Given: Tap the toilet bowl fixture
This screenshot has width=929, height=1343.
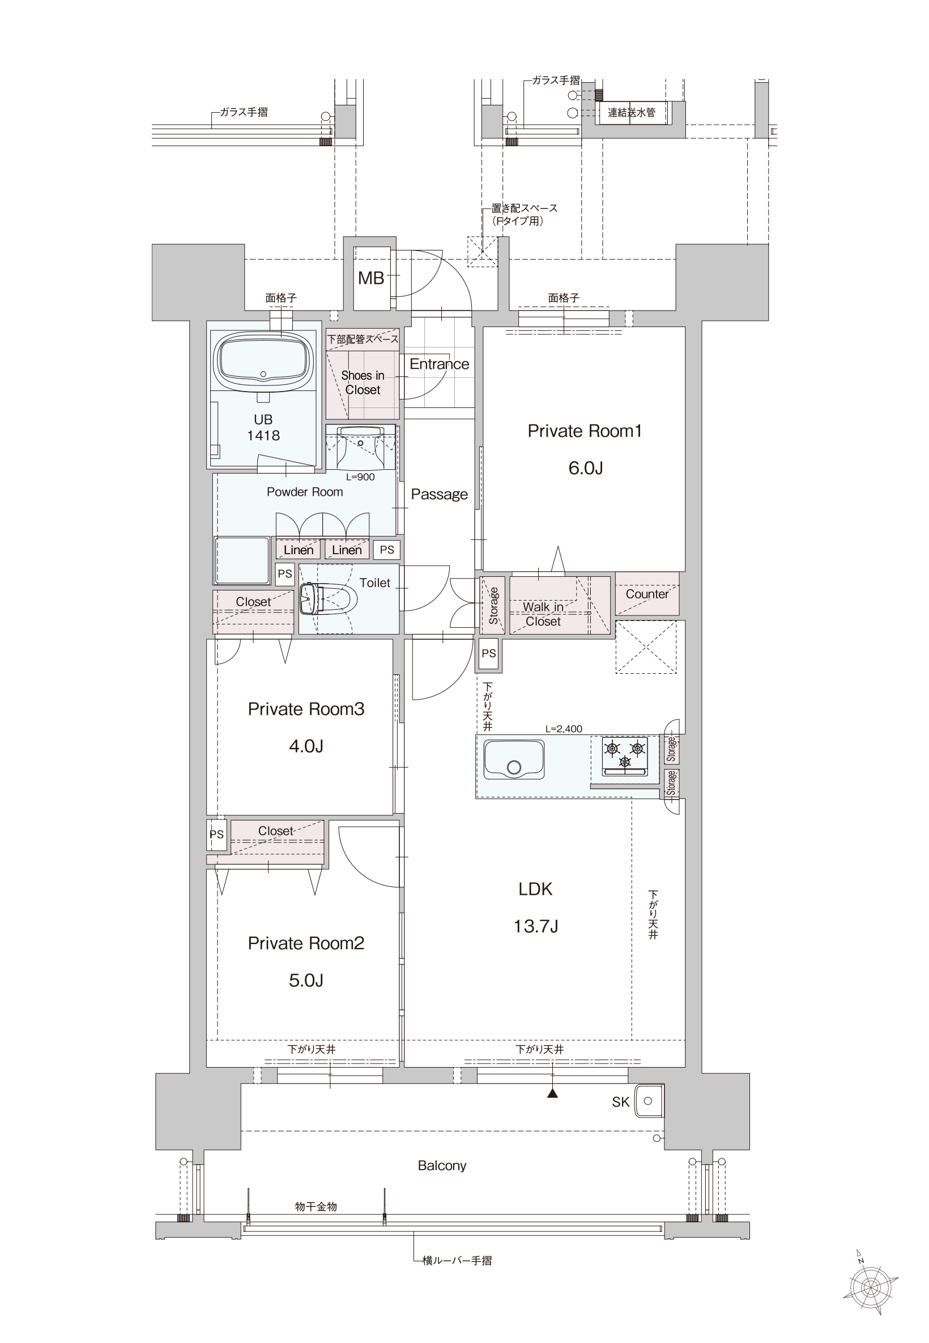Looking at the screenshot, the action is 329,599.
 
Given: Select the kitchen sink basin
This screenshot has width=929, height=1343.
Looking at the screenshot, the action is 513,759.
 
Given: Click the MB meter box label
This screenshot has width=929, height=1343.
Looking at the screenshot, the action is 371,278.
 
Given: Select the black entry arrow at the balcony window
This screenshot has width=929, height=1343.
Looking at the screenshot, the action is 552,1093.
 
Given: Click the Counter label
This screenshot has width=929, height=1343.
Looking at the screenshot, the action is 647,594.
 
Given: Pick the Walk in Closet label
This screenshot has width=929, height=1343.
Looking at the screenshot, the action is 543,614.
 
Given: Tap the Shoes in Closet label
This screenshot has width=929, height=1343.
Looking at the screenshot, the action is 363,382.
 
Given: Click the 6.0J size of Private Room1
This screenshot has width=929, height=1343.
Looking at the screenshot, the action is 585,468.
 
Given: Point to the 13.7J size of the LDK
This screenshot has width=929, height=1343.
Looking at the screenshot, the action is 535,926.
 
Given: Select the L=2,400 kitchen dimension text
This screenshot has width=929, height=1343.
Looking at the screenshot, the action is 564,729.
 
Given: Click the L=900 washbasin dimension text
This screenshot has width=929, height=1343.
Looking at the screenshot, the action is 360,477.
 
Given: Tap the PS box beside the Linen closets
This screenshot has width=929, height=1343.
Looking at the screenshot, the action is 386,550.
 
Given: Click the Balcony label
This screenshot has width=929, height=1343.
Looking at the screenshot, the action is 442,1166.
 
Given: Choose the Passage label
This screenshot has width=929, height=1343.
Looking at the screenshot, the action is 439,494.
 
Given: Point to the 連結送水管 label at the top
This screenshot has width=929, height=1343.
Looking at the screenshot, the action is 632,112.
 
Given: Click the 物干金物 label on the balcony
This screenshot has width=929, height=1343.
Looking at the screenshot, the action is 316,1207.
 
